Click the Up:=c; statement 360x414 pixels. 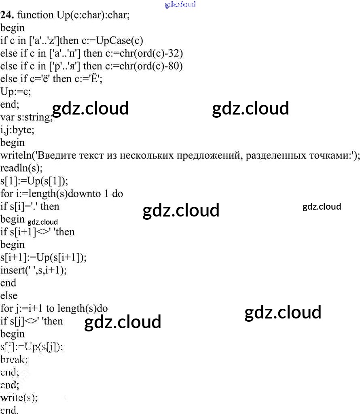(x=16, y=91)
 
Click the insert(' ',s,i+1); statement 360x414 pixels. (x=34, y=270)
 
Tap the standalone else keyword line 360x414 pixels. (x=9, y=296)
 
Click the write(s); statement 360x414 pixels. (x=19, y=397)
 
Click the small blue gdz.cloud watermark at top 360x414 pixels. (x=180, y=4)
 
